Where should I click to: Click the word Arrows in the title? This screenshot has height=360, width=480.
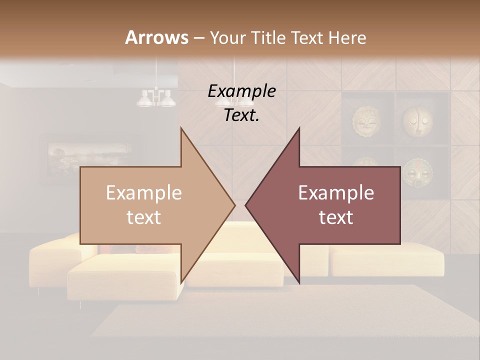pos(156,37)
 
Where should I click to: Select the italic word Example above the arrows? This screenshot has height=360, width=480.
pos(241,91)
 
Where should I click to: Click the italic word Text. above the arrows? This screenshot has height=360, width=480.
pos(241,115)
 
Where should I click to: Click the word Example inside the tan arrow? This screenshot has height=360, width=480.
pos(144,192)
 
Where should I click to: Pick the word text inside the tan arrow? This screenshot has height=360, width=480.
pos(144,217)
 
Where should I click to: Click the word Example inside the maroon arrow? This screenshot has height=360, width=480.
pos(336,192)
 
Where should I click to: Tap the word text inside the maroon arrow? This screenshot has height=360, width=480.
pos(336,217)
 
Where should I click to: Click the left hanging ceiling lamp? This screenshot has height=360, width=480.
pos(156,98)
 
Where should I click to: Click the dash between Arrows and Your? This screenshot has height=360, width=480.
pos(198,38)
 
